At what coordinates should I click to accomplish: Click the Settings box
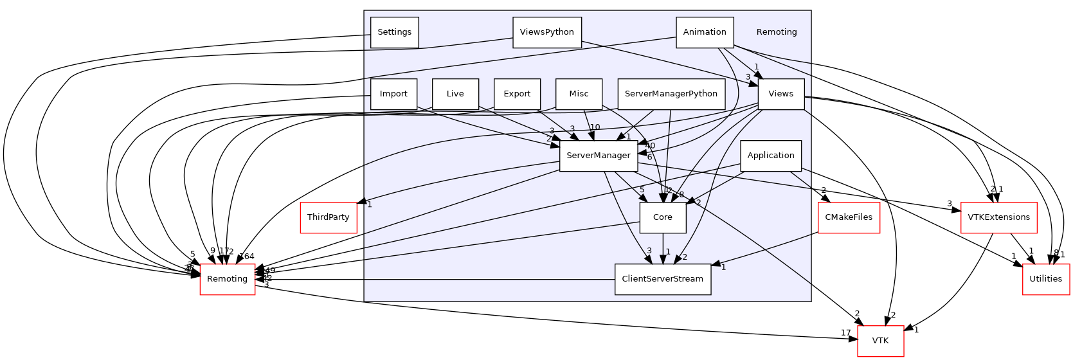[x=394, y=32]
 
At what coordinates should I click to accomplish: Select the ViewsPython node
[x=546, y=32]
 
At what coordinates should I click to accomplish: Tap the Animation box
[x=705, y=32]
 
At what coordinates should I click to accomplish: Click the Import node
[x=393, y=94]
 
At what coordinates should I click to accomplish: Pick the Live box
[x=455, y=94]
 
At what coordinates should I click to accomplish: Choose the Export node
[x=517, y=94]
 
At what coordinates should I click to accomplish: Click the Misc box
[x=579, y=94]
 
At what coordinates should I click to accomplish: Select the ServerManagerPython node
[x=671, y=94]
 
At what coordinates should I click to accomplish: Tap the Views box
[x=780, y=94]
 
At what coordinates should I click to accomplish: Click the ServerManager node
[x=598, y=156]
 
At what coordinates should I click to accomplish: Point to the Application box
[x=770, y=156]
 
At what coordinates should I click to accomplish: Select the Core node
[x=662, y=217]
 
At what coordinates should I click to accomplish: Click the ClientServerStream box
[x=662, y=279]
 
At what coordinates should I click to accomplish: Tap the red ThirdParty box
[x=328, y=217]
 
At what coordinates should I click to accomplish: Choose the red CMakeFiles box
[x=848, y=217]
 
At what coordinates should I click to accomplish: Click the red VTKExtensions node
[x=998, y=217]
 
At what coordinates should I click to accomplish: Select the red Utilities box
[x=1045, y=279]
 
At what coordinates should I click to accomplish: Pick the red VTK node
[x=880, y=341]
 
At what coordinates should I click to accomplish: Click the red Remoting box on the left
[x=227, y=279]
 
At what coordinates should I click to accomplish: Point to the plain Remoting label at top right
[x=776, y=32]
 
